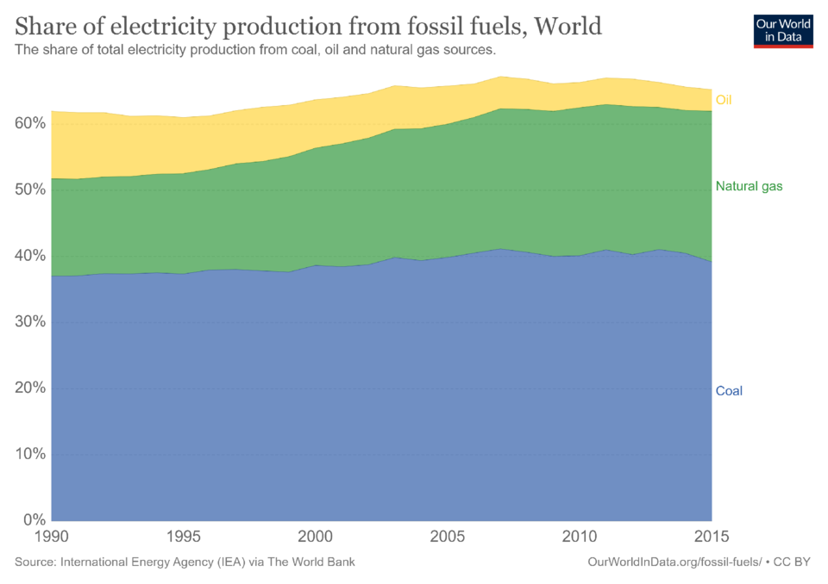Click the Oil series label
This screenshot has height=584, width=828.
[724, 100]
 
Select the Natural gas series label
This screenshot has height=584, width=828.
[749, 186]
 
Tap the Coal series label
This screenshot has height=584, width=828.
[729, 391]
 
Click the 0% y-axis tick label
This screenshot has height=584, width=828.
[32, 520]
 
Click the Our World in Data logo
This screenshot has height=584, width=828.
[783, 30]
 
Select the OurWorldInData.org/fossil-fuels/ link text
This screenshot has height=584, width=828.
[674, 562]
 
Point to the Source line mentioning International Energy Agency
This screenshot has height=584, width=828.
[185, 562]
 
